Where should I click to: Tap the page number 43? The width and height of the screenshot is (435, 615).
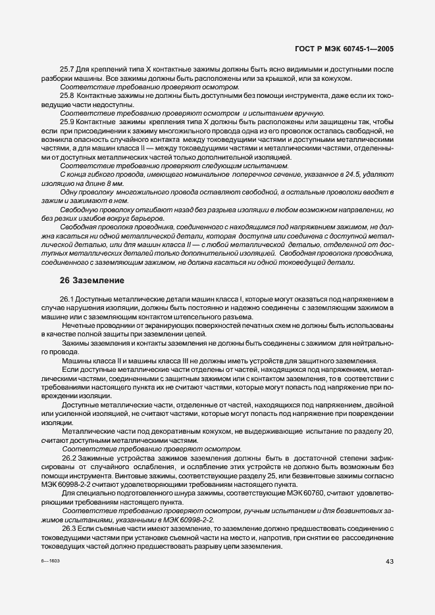point(389,560)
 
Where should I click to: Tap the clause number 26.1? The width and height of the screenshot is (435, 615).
point(68,300)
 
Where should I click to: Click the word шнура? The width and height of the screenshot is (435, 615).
point(186,492)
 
